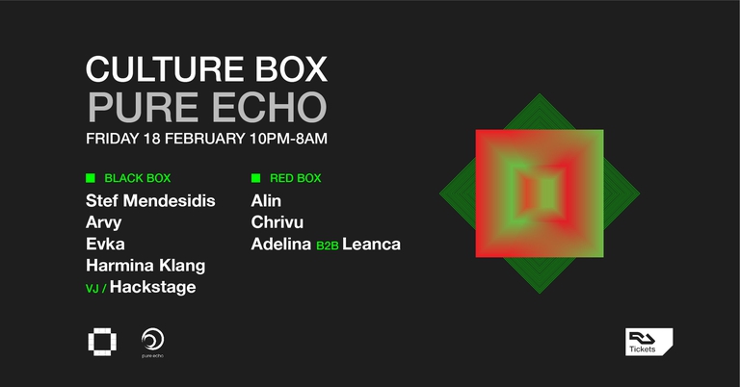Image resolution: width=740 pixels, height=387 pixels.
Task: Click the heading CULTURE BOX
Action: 206,69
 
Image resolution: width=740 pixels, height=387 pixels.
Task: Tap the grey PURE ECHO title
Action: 206,106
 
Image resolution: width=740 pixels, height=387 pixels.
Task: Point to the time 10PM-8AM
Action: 288,138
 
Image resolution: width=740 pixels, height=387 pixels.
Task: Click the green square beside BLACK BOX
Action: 91,178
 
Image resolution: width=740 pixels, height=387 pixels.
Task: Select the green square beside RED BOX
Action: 255,178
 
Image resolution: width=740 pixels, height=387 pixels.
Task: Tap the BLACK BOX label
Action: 137,178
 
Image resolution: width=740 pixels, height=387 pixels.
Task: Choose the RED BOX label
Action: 296,178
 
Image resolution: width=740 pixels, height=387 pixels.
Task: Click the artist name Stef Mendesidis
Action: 150,201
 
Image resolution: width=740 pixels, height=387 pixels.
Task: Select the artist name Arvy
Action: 104,222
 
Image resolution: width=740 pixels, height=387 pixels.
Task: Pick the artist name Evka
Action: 105,244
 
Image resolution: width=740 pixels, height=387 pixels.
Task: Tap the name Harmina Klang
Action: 145,265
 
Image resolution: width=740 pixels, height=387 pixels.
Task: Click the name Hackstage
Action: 152,287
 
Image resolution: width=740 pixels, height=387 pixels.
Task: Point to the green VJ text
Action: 92,288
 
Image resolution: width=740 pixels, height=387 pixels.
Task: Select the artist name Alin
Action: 266,201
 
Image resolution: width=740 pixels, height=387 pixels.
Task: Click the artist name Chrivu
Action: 277,222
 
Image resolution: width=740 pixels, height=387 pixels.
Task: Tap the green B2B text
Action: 328,245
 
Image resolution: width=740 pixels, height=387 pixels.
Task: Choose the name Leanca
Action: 371,245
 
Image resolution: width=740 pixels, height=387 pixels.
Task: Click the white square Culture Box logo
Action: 100,341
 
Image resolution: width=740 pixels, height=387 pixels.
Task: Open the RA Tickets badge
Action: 648,342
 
